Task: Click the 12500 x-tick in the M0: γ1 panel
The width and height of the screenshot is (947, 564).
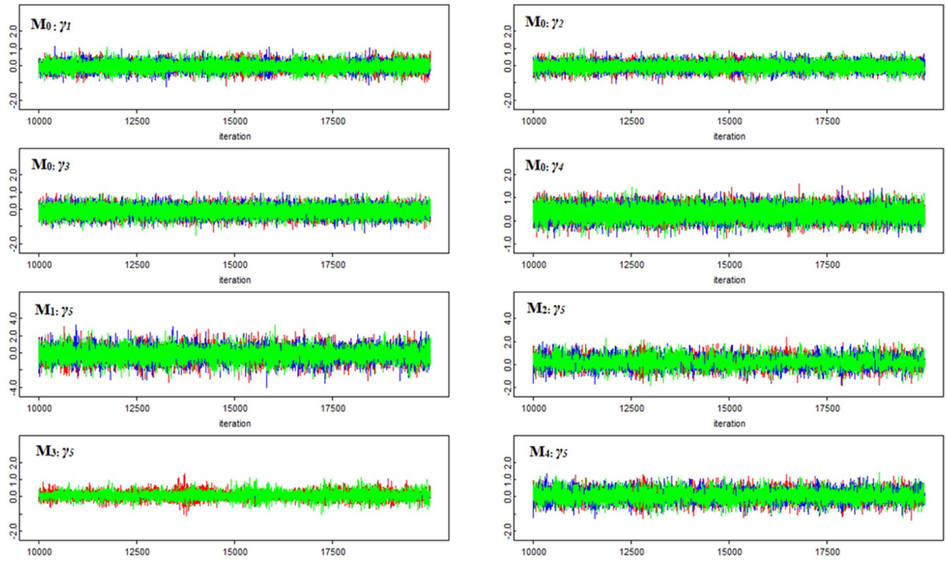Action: coord(137,122)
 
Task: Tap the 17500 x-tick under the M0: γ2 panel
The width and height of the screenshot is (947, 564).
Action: coord(826,122)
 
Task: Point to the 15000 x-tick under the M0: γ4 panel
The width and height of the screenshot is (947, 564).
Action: coord(728,265)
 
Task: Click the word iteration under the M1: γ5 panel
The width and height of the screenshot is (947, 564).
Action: coord(234,424)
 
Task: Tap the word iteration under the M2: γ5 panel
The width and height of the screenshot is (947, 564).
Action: coord(728,424)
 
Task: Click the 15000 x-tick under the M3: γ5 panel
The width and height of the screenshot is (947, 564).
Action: coord(234,552)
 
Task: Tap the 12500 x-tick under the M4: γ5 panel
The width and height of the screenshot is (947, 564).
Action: coord(631,552)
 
